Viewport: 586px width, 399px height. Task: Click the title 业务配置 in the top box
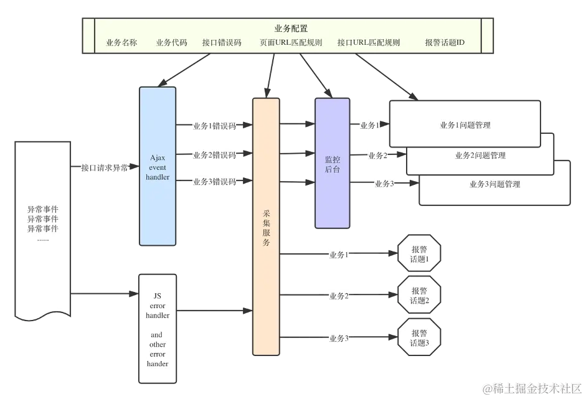point(291,29)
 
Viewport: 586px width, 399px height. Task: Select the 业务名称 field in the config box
point(121,43)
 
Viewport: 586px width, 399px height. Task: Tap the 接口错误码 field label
point(222,43)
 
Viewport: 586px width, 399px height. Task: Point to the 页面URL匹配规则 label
point(291,43)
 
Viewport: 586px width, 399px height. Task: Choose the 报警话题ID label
point(445,43)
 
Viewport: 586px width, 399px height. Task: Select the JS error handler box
point(158,329)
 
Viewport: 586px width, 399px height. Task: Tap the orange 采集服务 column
point(267,227)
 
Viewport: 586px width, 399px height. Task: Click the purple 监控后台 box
point(333,164)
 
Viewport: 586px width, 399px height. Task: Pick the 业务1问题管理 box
point(465,125)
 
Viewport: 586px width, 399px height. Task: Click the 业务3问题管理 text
point(494,184)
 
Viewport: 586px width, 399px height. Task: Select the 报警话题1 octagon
point(420,254)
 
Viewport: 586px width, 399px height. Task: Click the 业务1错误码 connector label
point(215,126)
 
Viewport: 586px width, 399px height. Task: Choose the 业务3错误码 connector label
point(215,182)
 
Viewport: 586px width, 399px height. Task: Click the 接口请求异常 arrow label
point(105,168)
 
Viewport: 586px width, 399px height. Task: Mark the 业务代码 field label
point(171,43)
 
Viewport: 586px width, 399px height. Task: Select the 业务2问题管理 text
point(480,156)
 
